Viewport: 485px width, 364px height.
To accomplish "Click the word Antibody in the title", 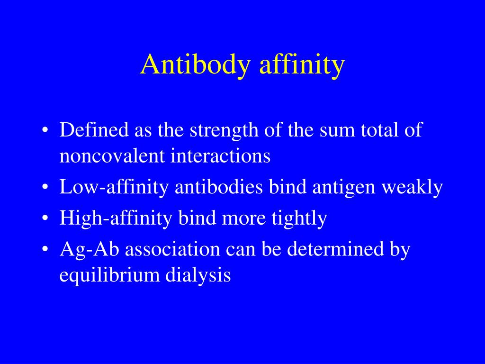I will point(194,65).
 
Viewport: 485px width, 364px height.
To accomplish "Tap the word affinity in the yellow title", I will point(301,65).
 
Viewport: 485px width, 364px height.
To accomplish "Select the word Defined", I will point(94,130).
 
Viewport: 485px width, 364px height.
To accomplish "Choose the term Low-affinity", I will point(114,187).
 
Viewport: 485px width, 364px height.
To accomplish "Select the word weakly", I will point(413,187).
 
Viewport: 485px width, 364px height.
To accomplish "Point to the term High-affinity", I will point(117,218).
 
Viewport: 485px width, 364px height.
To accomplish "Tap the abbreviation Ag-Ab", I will point(85,250).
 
